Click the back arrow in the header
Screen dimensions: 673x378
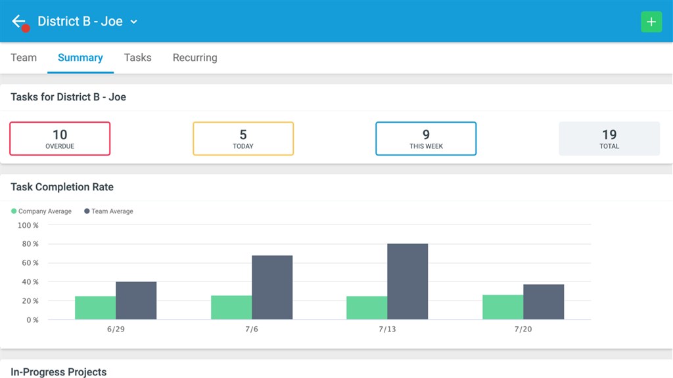(18, 21)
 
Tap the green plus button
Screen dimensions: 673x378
(651, 22)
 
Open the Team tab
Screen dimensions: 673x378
(24, 58)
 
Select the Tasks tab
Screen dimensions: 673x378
(138, 58)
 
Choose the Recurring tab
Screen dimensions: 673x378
(195, 58)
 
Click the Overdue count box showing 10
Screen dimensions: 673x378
(60, 138)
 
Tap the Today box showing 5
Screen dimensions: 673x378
(243, 138)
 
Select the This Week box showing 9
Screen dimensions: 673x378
(426, 138)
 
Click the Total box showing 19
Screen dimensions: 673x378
(609, 138)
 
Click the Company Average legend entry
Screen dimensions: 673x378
(41, 211)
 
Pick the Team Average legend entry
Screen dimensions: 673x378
(108, 211)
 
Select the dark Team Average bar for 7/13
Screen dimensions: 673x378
(407, 282)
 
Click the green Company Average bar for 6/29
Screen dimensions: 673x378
(95, 308)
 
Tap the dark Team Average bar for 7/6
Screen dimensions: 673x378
(272, 287)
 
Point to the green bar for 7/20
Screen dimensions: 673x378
(503, 307)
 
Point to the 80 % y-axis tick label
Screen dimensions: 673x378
(30, 244)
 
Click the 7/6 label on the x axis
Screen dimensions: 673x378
(252, 329)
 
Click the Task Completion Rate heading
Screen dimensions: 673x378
(62, 187)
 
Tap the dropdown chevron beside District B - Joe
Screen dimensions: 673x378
(134, 22)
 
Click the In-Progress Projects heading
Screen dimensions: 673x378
(58, 372)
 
